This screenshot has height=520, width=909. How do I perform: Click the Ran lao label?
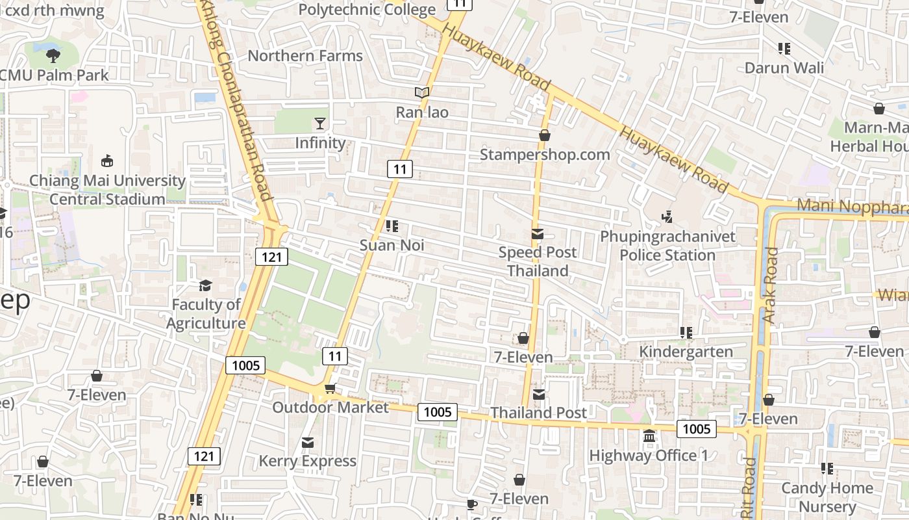[x=422, y=112]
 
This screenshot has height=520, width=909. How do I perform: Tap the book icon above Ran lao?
[x=422, y=93]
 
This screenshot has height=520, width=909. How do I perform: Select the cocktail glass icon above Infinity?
[x=320, y=123]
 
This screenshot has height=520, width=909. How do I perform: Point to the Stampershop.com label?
[x=545, y=155]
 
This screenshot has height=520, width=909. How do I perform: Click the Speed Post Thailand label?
[x=538, y=261]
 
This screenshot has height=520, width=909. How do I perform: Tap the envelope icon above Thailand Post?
[x=538, y=394]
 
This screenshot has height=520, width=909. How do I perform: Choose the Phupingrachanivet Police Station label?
[x=667, y=246]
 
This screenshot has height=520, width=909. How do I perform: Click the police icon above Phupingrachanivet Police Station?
[x=667, y=216]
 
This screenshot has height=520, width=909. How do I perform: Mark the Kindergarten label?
[x=686, y=352]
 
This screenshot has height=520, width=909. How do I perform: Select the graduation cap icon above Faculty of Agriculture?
[x=205, y=285]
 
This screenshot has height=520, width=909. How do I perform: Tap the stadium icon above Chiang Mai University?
[x=107, y=161]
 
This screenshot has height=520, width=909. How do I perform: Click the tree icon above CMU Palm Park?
[x=53, y=56]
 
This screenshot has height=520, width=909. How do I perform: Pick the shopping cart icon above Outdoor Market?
[x=330, y=389]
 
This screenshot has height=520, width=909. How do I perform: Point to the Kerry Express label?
[x=308, y=461]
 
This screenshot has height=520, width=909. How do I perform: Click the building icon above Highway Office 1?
[x=649, y=436]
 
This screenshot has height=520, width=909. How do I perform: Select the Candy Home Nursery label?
[x=827, y=497]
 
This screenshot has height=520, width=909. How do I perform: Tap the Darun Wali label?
[x=784, y=68]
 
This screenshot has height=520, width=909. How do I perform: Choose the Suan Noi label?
[x=392, y=245]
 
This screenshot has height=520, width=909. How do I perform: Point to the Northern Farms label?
[x=305, y=56]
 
